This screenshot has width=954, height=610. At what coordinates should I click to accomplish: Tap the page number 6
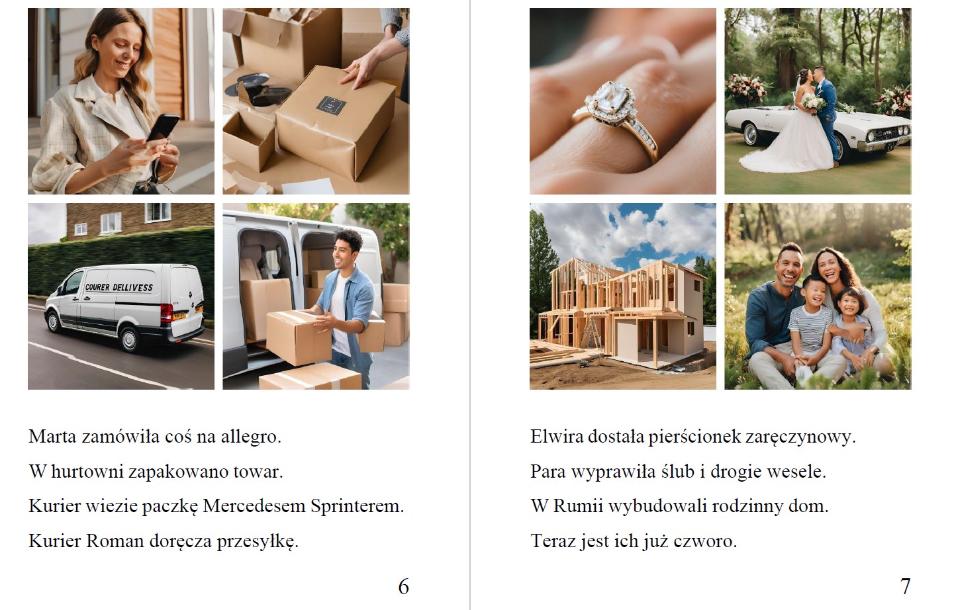404,587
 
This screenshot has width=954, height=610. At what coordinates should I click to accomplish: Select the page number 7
906,587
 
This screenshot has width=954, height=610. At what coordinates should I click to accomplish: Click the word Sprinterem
357,507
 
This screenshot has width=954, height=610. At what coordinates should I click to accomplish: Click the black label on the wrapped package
331,106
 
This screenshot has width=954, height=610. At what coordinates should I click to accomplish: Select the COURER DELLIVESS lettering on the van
119,287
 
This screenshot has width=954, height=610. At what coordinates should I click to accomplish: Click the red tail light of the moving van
166,313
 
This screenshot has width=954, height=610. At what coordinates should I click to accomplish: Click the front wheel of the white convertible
751,134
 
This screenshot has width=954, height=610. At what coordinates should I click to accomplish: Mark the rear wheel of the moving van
129,339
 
